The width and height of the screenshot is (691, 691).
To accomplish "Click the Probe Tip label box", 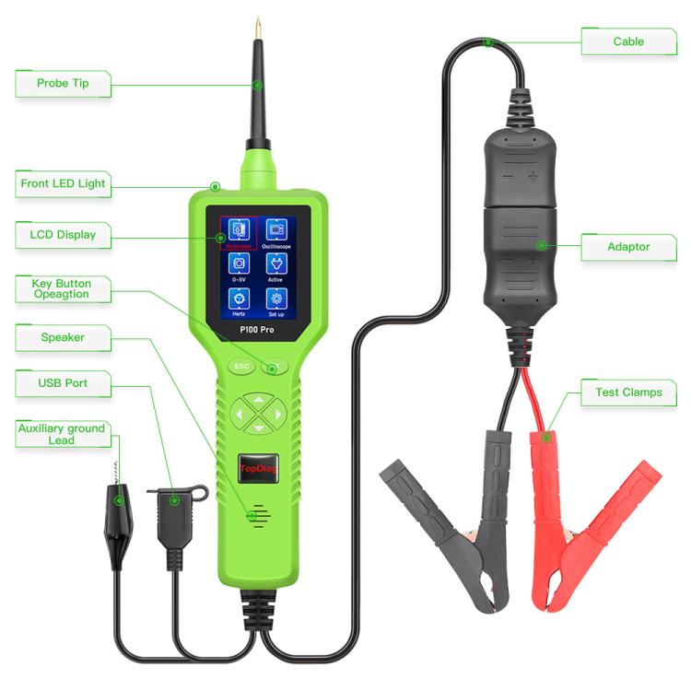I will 62,84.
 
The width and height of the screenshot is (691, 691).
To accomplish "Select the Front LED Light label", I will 63,183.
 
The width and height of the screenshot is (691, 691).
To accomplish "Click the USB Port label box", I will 63,382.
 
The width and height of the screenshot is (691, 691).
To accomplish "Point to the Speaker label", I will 63,338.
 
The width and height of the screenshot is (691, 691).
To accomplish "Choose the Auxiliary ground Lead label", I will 62,434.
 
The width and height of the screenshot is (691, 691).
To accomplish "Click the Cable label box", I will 628,41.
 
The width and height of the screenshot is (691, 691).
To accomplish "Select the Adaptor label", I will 628,247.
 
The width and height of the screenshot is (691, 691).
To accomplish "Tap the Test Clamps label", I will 628,392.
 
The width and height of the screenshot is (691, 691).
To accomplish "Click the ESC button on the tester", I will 242,366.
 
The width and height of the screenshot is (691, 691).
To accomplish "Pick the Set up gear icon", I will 275,299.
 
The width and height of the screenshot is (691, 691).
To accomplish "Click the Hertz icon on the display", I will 238,299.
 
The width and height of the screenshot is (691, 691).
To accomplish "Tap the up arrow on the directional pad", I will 258,400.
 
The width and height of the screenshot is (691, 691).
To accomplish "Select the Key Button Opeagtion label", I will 63,288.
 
